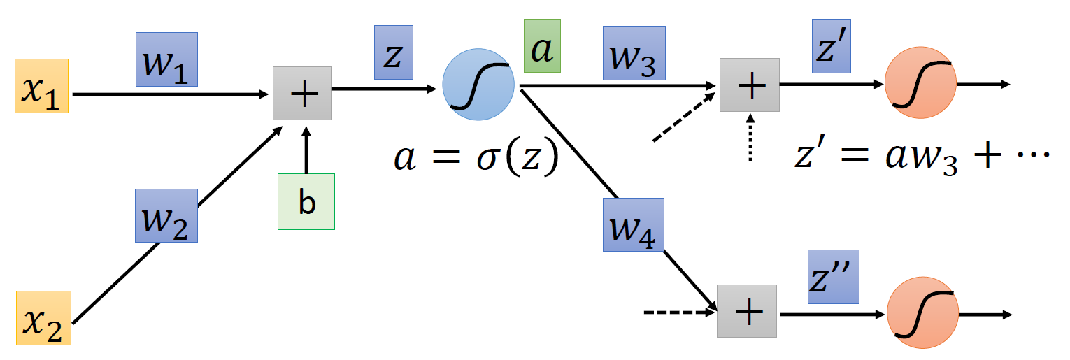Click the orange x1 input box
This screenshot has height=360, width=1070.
click(42, 86)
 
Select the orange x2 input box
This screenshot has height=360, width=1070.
click(43, 318)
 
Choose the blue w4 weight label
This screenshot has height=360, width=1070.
click(634, 225)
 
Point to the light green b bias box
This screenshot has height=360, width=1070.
click(306, 202)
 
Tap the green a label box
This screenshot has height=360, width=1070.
click(542, 48)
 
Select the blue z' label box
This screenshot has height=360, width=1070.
click(830, 46)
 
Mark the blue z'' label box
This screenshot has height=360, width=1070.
click(833, 277)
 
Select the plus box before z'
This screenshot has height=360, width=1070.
click(750, 85)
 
